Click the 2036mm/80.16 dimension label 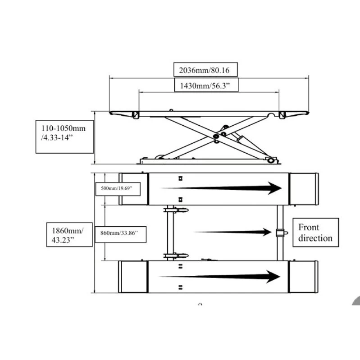(x=205, y=70)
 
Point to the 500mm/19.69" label (x=118, y=188)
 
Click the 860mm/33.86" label (x=119, y=233)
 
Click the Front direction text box (x=315, y=232)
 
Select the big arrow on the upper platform (x=221, y=188)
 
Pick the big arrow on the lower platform (x=221, y=277)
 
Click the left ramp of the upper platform (x=134, y=189)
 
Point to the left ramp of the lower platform (x=133, y=277)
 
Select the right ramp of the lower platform (x=303, y=277)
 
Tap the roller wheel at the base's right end (x=270, y=160)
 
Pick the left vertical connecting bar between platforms (x=170, y=232)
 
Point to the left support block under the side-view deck (x=134, y=115)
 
